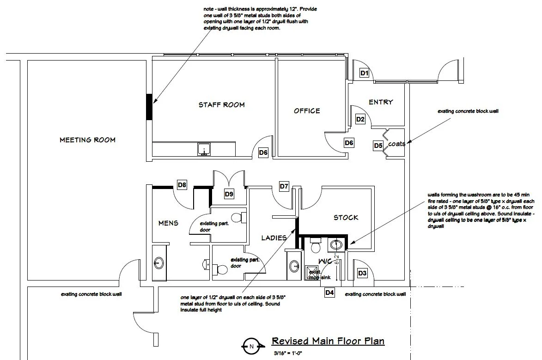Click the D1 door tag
pos(365,73)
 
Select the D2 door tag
pos(361,119)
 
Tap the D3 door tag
pos(362,274)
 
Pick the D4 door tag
pos(329,292)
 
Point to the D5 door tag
pos(378,146)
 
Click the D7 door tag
pos(284,187)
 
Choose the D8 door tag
pos(183,186)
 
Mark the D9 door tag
pos(229,194)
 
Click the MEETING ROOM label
pos(87,140)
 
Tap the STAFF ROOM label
pos(222,105)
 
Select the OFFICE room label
pos(307,111)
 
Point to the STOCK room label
pos(346,218)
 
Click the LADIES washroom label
pos(274,238)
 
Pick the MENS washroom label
pos(168,223)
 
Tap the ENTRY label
pos(381,102)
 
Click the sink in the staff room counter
pos(204,149)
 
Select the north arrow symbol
pos(251,346)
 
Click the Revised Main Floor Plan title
pos(328,342)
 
